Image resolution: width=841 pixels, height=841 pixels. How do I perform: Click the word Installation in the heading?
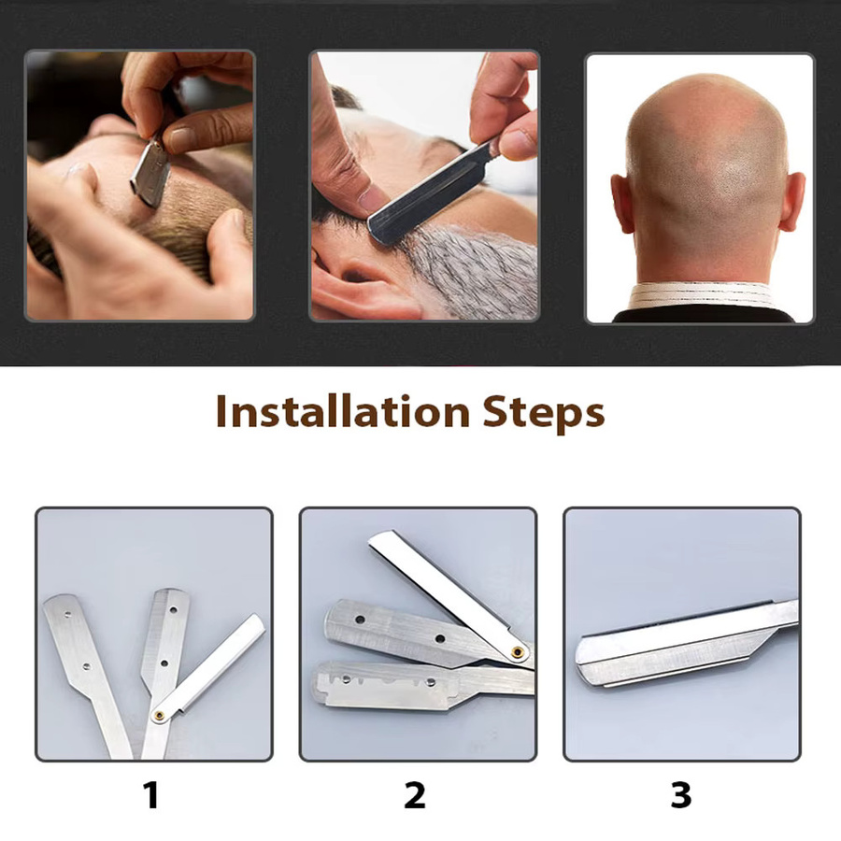[x=343, y=411]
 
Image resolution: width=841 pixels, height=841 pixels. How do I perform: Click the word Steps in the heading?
[x=543, y=413]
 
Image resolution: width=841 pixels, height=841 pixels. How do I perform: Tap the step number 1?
[x=151, y=795]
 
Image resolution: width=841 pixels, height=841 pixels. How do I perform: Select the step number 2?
[x=415, y=795]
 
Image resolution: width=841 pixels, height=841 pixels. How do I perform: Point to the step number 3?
[x=680, y=795]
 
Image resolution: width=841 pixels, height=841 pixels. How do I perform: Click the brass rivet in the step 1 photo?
[x=159, y=715]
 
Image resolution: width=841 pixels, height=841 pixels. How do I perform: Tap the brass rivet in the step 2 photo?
[x=518, y=652]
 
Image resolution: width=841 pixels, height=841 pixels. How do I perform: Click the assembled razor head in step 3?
[x=684, y=645]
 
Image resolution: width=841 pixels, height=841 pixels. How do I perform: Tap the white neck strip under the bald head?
[x=702, y=295]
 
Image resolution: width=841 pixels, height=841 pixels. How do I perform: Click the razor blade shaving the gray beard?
[x=429, y=194]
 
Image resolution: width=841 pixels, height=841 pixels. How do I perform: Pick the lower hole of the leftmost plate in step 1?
[x=86, y=666]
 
